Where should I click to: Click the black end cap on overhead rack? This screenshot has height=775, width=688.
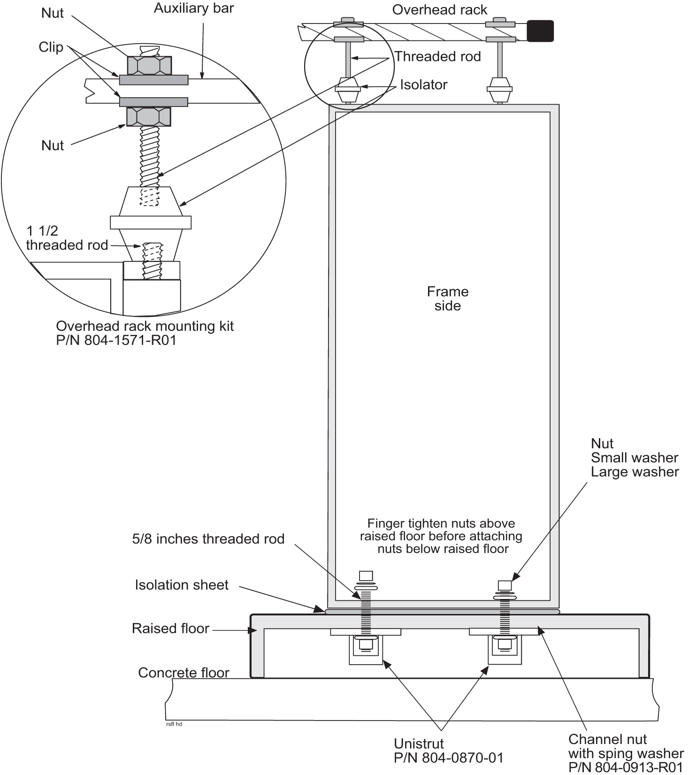[x=540, y=31]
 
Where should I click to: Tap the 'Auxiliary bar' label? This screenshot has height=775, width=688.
[x=193, y=8]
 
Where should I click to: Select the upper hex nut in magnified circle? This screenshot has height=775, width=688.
[x=149, y=65]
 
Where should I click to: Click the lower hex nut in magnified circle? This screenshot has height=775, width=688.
[x=148, y=116]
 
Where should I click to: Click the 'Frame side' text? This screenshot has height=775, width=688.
[x=447, y=299]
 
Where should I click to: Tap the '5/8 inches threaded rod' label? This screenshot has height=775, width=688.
[x=208, y=538]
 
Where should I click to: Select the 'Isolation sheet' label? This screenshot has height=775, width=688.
[x=182, y=584]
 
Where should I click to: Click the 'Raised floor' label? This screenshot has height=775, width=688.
[x=170, y=628]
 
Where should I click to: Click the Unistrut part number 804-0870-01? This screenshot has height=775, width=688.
[x=449, y=758]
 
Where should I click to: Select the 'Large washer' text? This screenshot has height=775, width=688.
[x=634, y=472]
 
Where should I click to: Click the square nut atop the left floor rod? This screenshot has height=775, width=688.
[x=366, y=575]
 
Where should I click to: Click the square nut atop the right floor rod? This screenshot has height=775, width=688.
[x=505, y=585]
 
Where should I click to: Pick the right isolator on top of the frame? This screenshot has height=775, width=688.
[x=499, y=89]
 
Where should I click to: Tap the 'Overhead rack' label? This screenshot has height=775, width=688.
[x=440, y=10]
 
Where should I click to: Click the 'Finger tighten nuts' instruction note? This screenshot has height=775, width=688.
[x=441, y=536]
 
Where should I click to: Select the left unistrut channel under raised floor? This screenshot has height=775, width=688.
[x=366, y=650]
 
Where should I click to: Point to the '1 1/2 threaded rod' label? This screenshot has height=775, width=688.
[x=67, y=238]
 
